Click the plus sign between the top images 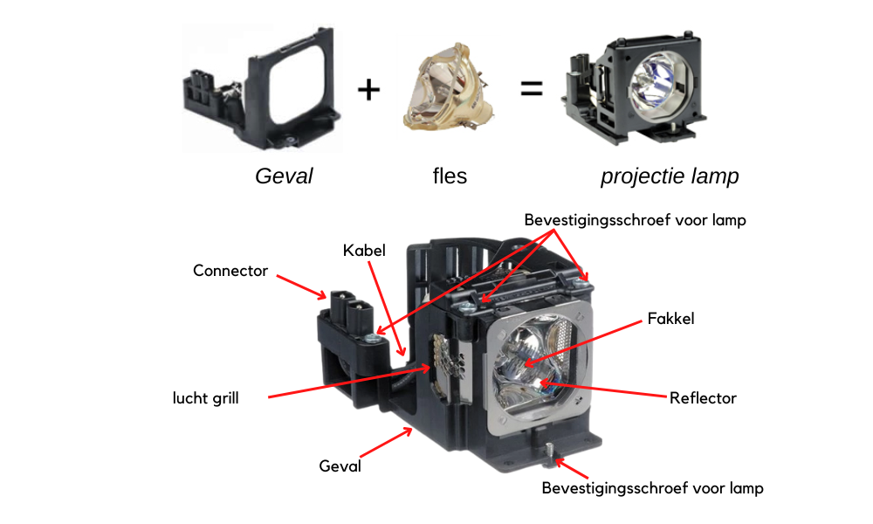368,90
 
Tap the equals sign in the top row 531,88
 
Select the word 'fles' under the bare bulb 450,176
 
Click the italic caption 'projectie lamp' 670,176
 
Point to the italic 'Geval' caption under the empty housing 284,176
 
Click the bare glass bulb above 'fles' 449,86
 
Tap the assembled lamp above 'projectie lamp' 634,87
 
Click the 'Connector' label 230,271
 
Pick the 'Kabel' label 364,251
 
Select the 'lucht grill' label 205,398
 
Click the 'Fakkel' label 670,319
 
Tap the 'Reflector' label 703,398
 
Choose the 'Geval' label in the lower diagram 340,466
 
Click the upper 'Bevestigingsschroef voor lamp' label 636,220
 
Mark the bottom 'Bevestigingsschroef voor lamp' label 652,488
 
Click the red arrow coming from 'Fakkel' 583,343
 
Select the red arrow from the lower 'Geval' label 387,442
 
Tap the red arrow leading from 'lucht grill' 349,382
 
